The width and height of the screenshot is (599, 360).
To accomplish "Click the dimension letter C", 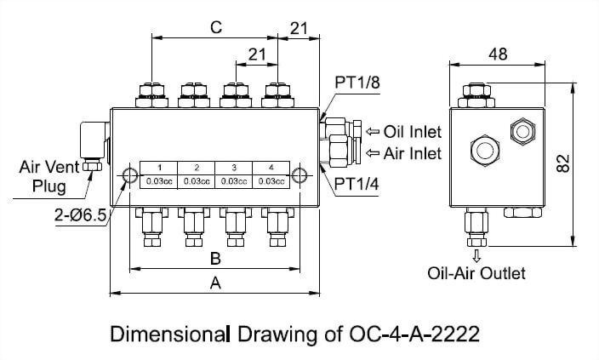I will [x=216, y=27].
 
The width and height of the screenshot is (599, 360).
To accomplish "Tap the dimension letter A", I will [x=215, y=284].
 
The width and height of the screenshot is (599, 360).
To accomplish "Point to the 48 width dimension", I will [x=499, y=54].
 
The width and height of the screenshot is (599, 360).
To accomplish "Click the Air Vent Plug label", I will [x=49, y=177].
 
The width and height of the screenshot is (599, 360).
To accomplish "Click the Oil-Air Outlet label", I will [x=476, y=273].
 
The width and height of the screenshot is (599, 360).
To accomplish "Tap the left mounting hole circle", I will [x=130, y=174].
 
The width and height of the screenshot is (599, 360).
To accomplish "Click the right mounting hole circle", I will [x=299, y=174].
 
